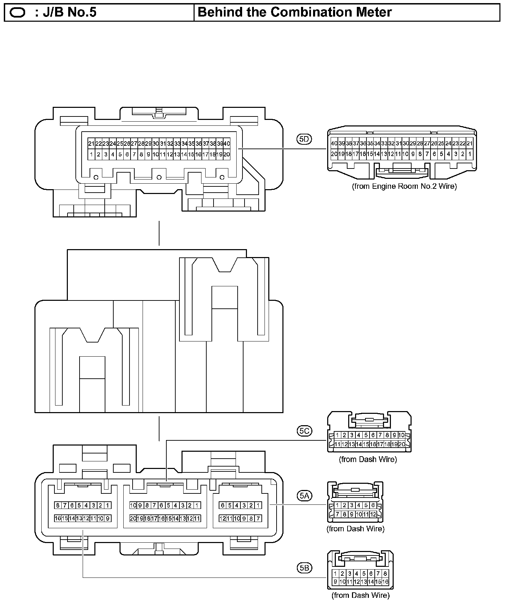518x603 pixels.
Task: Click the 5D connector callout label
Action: click(304, 139)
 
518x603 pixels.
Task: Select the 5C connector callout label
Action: click(304, 431)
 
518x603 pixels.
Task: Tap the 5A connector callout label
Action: click(304, 495)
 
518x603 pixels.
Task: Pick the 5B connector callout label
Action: click(304, 568)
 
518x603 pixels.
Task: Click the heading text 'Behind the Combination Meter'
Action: click(295, 12)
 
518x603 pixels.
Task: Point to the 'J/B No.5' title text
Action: click(65, 12)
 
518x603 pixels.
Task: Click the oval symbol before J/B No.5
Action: click(17, 13)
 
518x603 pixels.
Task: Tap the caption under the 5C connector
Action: click(368, 459)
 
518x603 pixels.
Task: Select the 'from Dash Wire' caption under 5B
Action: click(361, 595)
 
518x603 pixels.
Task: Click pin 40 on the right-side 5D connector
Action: click(334, 143)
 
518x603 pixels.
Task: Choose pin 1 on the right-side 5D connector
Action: click(470, 154)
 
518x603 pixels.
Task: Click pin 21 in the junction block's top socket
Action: click(91, 144)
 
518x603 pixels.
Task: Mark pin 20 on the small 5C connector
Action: click(402, 444)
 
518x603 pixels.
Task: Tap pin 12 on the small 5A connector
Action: click(373, 514)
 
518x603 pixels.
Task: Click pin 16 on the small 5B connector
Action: click(385, 582)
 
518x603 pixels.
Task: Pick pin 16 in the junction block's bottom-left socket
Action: click(58, 518)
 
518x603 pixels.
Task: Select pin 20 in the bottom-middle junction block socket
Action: click(133, 518)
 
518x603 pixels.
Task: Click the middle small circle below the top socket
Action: click(159, 177)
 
